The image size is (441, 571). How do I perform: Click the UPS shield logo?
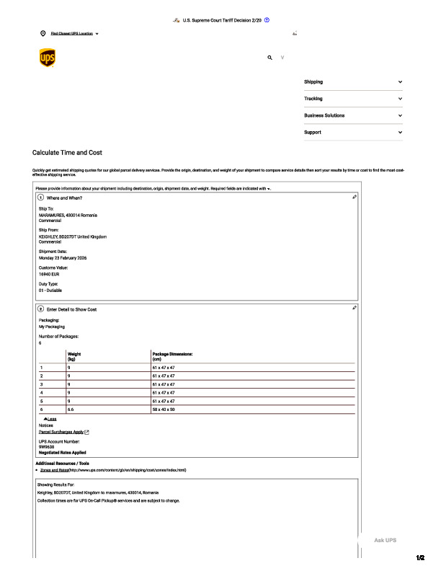[x=47, y=58]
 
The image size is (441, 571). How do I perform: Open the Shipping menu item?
[x=313, y=82]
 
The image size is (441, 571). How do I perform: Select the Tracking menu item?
[x=313, y=99]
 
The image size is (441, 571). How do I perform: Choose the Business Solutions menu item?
[x=324, y=115]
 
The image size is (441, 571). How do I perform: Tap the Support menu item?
[x=313, y=133]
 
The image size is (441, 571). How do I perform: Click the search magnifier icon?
[x=270, y=58]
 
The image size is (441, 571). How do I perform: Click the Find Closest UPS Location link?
[x=72, y=34]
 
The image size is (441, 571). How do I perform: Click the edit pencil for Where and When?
[x=355, y=197]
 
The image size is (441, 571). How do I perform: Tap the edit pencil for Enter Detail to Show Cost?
[x=355, y=308]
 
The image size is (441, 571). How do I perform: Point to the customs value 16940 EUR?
[x=50, y=274]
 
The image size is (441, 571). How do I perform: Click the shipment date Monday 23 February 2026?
[x=63, y=257]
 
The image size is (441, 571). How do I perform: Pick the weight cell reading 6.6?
[x=71, y=410]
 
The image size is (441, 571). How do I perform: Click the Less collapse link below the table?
[x=50, y=419]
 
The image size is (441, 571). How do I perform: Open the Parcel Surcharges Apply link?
[x=62, y=432]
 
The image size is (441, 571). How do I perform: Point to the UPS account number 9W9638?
[x=47, y=446]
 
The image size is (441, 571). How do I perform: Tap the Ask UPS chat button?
[x=385, y=540]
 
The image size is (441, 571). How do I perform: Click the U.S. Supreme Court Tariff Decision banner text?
[x=221, y=20]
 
